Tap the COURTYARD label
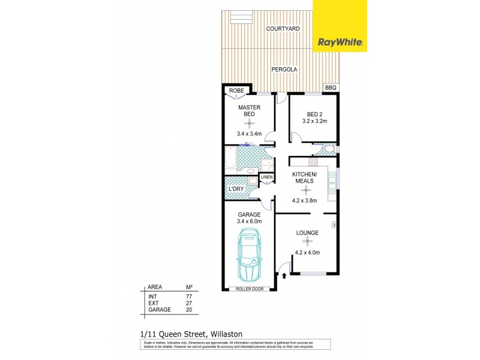pyautogui.click(x=283, y=29)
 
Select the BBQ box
pyautogui.click(x=331, y=88)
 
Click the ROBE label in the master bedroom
pyautogui.click(x=236, y=91)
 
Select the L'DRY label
pyautogui.click(x=236, y=189)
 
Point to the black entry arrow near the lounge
pyautogui.click(x=284, y=275)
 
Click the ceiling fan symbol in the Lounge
pyautogui.click(x=307, y=242)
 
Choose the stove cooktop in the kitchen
pyautogui.click(x=313, y=162)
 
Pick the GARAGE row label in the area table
pyautogui.click(x=160, y=310)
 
